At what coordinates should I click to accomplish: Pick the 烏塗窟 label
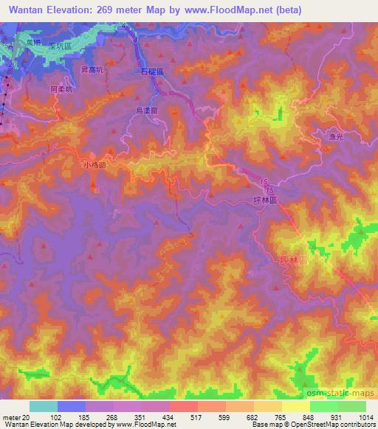(x=148, y=111)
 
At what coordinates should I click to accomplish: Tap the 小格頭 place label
(x=95, y=166)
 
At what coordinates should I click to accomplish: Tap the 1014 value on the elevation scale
(x=365, y=418)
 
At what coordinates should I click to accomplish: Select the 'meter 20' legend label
(x=15, y=418)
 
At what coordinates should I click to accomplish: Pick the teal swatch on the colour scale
(x=44, y=406)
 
